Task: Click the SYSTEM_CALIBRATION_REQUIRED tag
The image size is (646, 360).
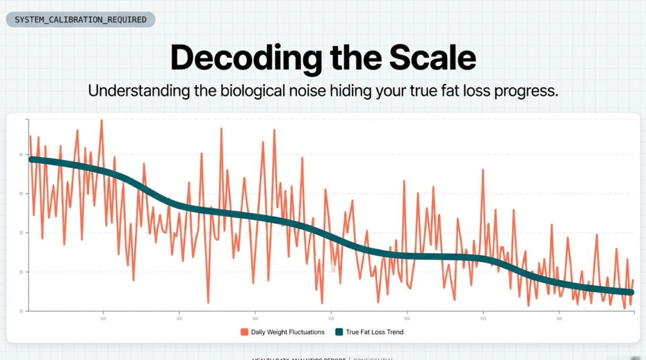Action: click(x=80, y=20)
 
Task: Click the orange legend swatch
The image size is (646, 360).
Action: click(x=244, y=332)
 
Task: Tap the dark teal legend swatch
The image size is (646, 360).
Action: click(x=339, y=332)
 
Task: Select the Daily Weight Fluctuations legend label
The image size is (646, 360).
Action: click(x=288, y=332)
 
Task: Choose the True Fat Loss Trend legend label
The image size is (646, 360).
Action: click(x=374, y=332)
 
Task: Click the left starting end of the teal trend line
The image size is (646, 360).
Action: click(x=31, y=160)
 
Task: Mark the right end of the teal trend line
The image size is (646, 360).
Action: click(x=631, y=292)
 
